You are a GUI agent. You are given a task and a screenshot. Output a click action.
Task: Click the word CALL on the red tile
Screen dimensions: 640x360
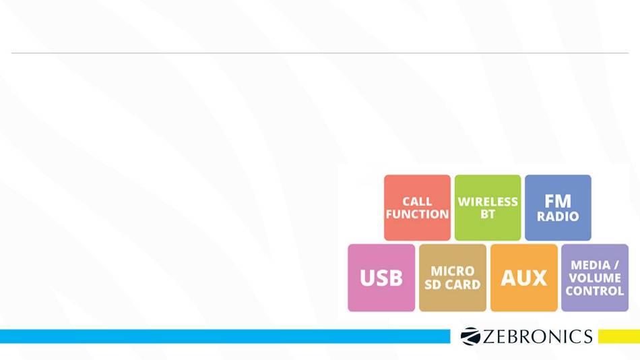point(417,202)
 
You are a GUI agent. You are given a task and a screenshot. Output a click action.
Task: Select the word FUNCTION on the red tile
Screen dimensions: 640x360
point(417,214)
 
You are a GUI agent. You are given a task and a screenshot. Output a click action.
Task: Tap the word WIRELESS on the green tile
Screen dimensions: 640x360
point(488,202)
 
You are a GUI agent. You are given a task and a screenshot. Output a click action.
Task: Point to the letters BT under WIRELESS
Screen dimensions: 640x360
point(488,214)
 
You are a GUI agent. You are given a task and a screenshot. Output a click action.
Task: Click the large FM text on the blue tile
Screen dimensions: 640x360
point(558,201)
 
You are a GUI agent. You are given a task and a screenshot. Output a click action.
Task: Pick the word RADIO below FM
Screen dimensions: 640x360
point(558,216)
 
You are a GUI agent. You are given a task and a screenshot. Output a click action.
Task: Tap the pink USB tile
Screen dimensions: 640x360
point(381,278)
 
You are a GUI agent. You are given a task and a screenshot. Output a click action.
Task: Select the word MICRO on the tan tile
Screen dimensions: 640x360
point(453,271)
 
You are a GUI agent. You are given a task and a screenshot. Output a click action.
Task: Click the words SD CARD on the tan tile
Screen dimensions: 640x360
point(453,284)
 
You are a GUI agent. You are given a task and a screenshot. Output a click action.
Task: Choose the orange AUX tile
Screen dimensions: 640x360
point(524,278)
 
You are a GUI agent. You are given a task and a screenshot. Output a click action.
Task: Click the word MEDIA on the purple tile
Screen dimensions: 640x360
point(591,265)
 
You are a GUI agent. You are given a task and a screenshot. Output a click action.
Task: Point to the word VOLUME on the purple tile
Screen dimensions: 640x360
point(595,278)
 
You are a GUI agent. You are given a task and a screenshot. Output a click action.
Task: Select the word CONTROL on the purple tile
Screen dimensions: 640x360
point(595,291)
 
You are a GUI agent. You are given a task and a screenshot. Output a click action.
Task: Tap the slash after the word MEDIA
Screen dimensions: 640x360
point(616,265)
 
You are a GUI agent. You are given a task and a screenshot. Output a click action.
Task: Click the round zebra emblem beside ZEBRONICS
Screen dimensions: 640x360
point(470,336)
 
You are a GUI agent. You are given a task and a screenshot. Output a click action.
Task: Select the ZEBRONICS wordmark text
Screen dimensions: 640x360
point(538,336)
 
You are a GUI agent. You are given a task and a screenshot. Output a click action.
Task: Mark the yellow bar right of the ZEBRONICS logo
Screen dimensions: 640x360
point(619,336)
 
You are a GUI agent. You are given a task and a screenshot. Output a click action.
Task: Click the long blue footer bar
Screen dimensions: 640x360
point(225,336)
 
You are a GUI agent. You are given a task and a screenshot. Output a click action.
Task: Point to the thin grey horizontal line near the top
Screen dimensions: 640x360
point(320,53)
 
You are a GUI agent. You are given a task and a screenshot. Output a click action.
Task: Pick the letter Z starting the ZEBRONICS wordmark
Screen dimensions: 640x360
point(489,336)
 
